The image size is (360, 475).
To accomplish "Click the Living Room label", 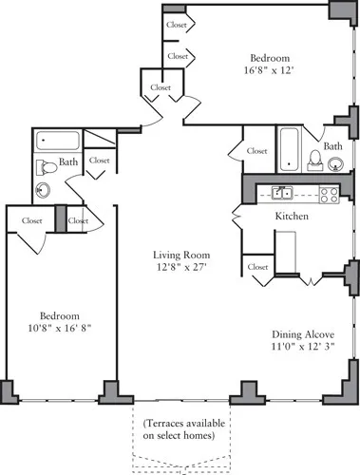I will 182,255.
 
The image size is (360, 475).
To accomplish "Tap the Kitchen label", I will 291,217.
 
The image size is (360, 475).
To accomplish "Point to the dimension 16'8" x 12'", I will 270,69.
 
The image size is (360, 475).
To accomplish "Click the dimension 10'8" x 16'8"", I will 59,328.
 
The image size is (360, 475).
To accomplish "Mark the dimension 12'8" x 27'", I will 182,268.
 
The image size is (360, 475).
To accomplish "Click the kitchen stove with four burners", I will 329,195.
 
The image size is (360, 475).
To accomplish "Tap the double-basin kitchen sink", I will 281,194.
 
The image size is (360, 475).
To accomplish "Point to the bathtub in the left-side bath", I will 57,142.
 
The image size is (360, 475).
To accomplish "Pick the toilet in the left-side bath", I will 44,167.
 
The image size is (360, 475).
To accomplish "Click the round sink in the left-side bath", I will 43,190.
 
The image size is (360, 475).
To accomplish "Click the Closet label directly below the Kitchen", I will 257,268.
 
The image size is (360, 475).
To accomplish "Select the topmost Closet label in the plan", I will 177,26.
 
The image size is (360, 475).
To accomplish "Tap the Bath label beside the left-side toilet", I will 69,162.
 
